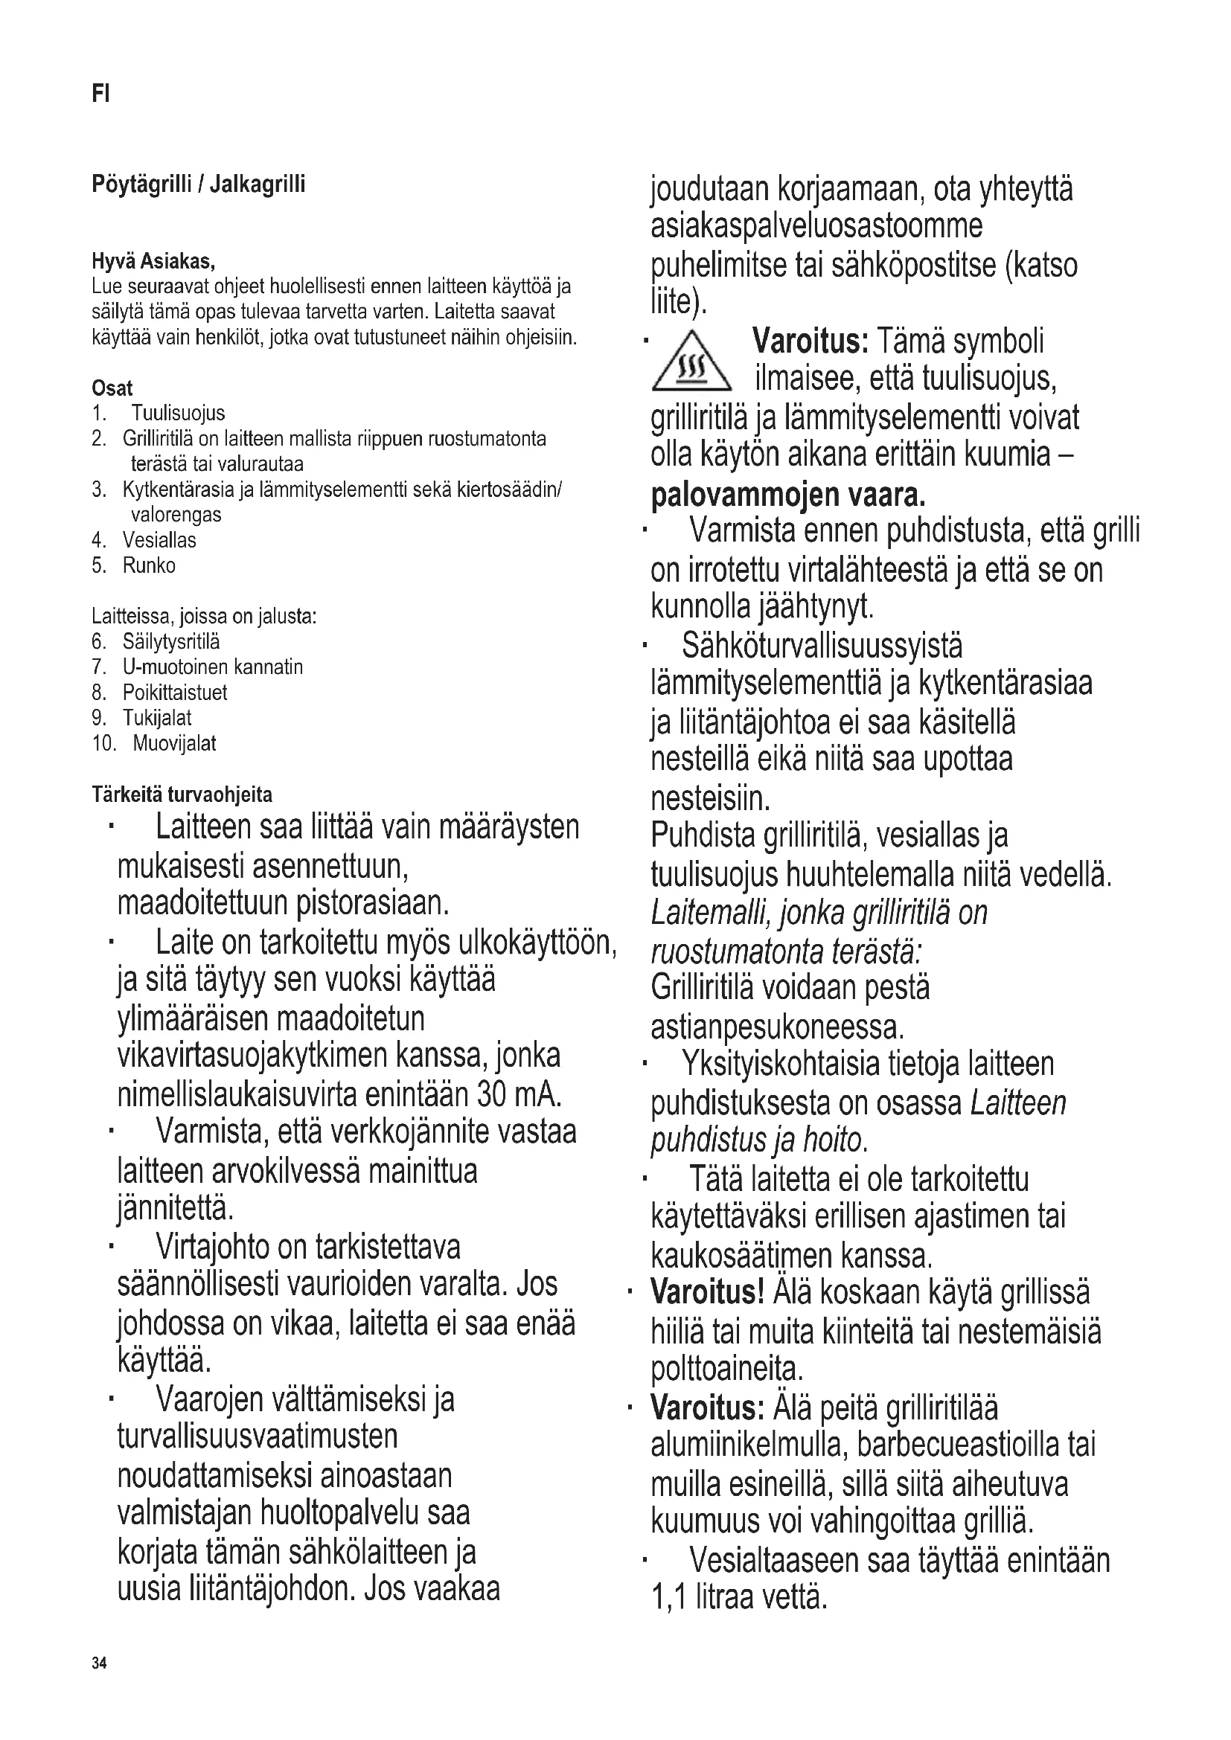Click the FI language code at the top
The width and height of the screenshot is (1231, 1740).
[100, 94]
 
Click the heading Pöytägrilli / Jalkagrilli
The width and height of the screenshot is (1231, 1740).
[199, 184]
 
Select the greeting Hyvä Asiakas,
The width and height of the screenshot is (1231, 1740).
[154, 262]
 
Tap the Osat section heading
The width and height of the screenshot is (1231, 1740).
[112, 388]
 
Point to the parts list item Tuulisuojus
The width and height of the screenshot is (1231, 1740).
[178, 414]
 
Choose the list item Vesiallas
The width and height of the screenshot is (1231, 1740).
[159, 540]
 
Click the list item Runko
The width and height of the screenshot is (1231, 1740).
[149, 566]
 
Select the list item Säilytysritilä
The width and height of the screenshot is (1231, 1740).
[170, 642]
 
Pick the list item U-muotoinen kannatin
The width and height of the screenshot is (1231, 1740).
[212, 667]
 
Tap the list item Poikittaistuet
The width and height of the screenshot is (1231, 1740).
[174, 693]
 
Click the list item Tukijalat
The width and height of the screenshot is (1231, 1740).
[157, 718]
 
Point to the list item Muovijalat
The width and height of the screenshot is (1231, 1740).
[174, 743]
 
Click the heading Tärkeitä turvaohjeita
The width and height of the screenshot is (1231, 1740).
[182, 795]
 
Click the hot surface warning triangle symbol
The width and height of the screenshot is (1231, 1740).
[691, 365]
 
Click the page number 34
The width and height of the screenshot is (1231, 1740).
[99, 1663]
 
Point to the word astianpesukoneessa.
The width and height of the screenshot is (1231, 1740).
[778, 1027]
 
